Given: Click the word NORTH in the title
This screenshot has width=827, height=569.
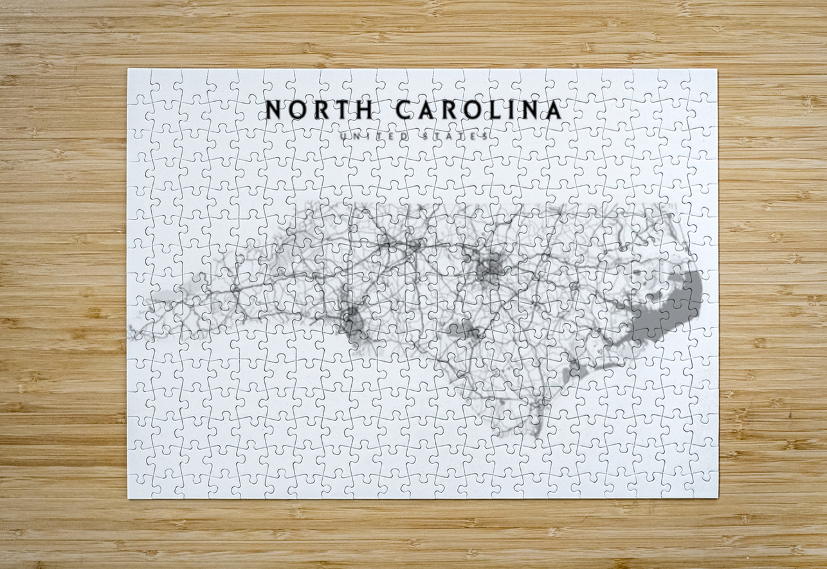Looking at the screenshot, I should pos(319,110).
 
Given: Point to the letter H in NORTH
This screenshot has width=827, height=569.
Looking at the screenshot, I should pos(363,110).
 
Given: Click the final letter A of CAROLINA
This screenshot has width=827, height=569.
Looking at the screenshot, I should pos(551,110).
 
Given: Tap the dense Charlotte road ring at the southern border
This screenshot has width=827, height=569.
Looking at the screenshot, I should pos(351,318).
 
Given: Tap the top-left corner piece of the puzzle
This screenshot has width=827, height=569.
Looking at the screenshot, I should pos(141,82).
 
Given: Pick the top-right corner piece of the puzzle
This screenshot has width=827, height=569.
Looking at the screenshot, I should pos(704,82).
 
